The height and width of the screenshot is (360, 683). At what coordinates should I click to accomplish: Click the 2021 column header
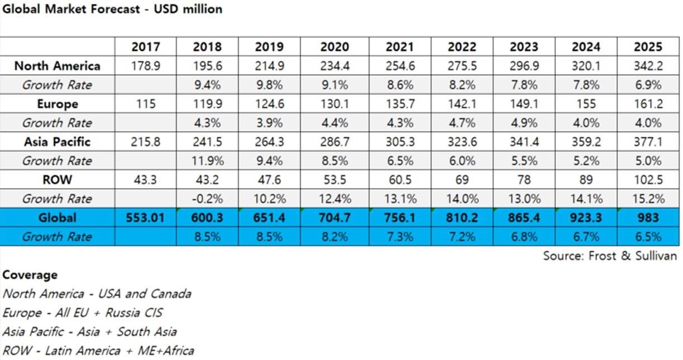pyautogui.click(x=399, y=47)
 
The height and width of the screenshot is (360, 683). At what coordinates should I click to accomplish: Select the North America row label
pyautogui.click(x=58, y=66)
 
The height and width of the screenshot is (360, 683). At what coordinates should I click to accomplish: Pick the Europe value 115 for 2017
pyautogui.click(x=145, y=104)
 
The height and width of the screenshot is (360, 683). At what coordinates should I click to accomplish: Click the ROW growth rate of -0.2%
pyautogui.click(x=207, y=199)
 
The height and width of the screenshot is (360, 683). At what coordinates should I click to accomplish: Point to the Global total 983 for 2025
pyautogui.click(x=648, y=218)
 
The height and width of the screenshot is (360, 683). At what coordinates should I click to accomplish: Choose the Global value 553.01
pyautogui.click(x=145, y=218)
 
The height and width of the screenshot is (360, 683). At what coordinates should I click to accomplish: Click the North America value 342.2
pyautogui.click(x=648, y=66)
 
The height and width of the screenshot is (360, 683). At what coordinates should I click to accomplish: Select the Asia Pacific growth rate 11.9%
pyautogui.click(x=207, y=161)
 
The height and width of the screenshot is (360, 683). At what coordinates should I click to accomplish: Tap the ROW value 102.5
pyautogui.click(x=648, y=180)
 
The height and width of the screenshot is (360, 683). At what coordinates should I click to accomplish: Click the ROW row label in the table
pyautogui.click(x=58, y=180)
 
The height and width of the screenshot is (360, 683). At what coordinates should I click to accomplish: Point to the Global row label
pyautogui.click(x=58, y=218)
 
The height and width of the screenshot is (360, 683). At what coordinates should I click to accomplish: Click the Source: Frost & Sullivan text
pyautogui.click(x=610, y=256)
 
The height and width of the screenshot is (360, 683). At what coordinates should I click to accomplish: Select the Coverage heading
pyautogui.click(x=30, y=275)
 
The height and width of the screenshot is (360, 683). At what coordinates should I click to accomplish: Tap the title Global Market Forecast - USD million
pyautogui.click(x=112, y=9)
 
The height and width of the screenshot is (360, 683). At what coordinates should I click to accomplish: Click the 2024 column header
pyautogui.click(x=586, y=47)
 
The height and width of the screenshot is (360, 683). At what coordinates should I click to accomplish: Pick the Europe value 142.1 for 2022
pyautogui.click(x=462, y=104)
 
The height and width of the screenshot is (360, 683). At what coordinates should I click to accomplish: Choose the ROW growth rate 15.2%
pyautogui.click(x=648, y=199)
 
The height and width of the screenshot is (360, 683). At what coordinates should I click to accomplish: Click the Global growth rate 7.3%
pyautogui.click(x=399, y=237)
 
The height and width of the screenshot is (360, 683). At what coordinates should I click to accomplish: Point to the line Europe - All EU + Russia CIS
pyautogui.click(x=83, y=313)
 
